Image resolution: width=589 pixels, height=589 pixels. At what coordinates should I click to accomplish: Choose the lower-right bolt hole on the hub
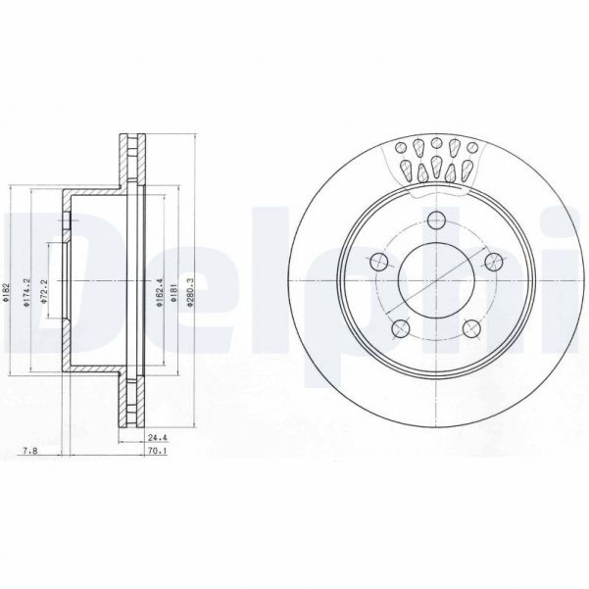[x=472, y=327]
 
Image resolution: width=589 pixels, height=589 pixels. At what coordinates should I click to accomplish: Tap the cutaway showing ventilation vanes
[x=437, y=162]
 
